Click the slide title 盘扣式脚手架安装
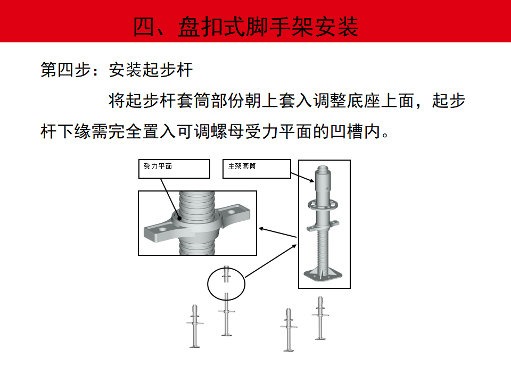[x=268, y=27]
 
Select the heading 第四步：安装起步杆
[x=117, y=70]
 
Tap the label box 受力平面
[x=174, y=169]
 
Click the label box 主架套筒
[x=257, y=169]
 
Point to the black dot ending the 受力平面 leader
[x=179, y=218]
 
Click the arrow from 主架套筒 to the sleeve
[x=302, y=177]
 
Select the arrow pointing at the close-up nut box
[x=278, y=233]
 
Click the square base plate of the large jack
[x=323, y=274]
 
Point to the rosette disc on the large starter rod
[x=323, y=205]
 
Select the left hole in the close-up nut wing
[x=162, y=230]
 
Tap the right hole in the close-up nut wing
[x=232, y=212]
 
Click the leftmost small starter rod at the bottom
[x=195, y=326]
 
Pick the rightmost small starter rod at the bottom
[x=320, y=318]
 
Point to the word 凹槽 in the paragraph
[x=347, y=132]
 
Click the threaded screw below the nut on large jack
[x=323, y=249]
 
